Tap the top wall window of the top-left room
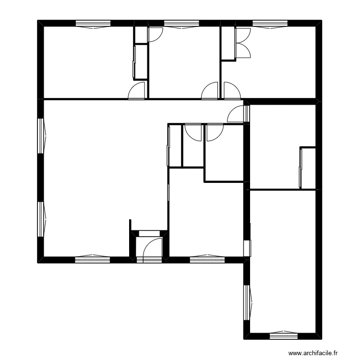(x=93, y=23)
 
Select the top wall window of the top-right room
(x=270, y=23)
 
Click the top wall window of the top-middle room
(x=181, y=23)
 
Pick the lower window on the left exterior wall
(x=41, y=219)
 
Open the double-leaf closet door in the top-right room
(x=242, y=43)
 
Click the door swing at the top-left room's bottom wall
(x=138, y=91)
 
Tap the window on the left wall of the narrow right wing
(x=248, y=302)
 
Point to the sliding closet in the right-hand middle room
(x=301, y=168)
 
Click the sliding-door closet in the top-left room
(x=135, y=61)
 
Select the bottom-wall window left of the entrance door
(x=92, y=259)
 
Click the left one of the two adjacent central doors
(x=193, y=132)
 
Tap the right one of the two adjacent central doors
(x=214, y=132)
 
